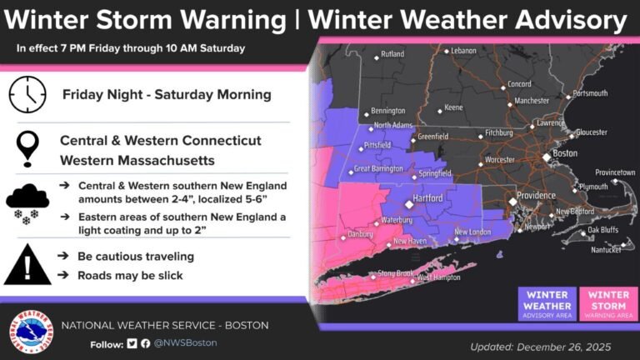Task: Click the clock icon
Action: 27,94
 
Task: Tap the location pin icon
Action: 27,148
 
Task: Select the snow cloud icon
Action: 27,202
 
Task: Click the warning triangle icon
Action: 27,266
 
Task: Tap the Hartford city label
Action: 436,202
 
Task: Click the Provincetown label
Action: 612,172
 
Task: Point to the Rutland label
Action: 392,55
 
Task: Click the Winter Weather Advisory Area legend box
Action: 547,304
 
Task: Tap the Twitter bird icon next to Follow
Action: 131,343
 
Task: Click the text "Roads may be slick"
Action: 130,275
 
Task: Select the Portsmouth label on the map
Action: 588,93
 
